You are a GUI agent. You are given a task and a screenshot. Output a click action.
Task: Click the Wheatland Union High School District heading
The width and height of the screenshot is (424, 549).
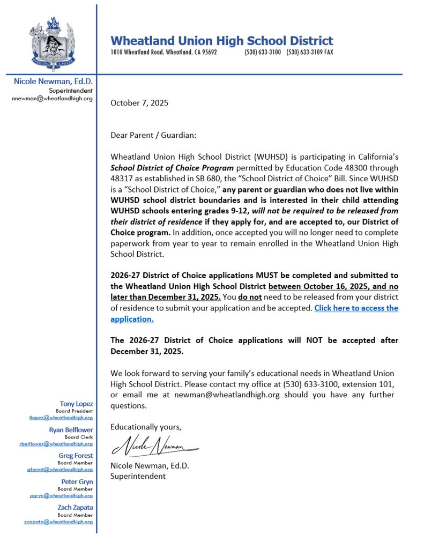(x=221, y=41)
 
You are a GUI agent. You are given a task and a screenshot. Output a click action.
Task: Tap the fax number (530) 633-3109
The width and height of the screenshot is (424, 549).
(x=309, y=53)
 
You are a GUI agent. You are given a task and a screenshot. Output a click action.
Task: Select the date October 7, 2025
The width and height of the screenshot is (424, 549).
(x=139, y=102)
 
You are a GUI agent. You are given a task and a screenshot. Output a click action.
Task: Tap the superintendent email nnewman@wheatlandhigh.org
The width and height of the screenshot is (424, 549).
(x=52, y=99)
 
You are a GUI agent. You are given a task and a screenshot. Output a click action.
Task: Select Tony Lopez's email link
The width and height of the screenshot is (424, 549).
(x=61, y=417)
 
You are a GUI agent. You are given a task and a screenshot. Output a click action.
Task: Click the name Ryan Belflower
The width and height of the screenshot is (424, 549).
(x=71, y=430)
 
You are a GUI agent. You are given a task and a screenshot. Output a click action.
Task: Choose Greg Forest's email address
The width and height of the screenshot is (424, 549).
(x=59, y=469)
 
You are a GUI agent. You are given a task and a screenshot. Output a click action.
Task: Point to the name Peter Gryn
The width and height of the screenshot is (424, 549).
(x=77, y=482)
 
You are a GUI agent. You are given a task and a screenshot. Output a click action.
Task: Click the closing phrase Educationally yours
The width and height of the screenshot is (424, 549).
(x=146, y=427)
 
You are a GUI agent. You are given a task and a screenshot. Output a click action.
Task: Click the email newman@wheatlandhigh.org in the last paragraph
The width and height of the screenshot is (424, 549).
(x=188, y=395)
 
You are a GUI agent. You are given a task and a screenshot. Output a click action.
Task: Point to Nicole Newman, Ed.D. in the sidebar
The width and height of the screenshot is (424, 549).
(x=53, y=81)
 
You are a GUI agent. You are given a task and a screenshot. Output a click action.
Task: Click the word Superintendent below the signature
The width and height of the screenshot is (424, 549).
(x=138, y=476)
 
